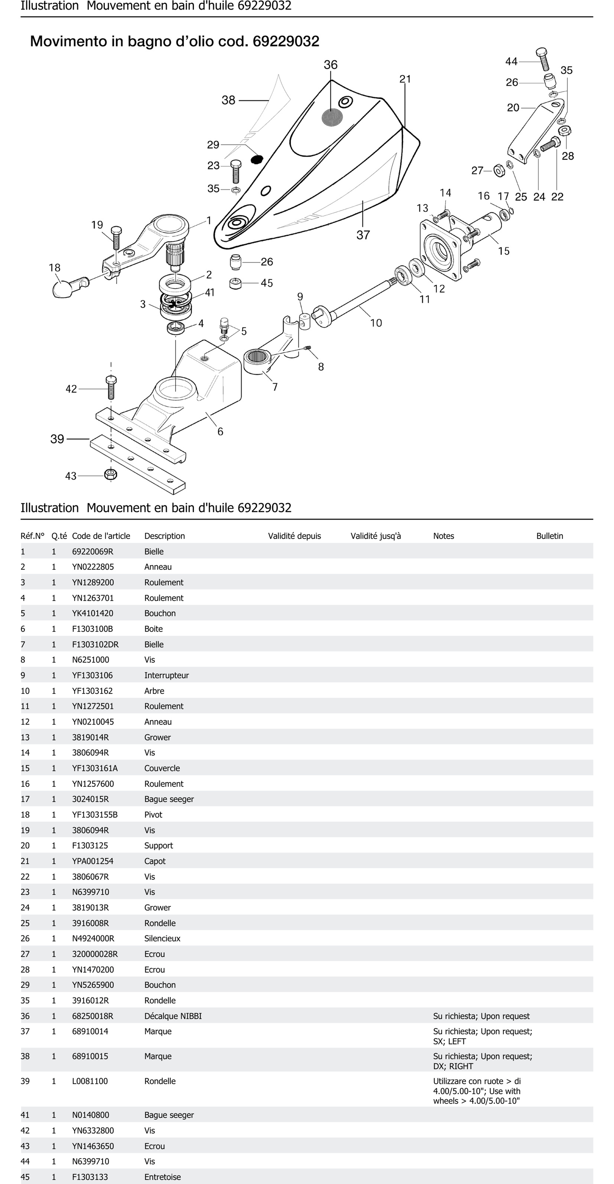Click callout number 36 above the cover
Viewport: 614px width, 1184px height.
point(331,65)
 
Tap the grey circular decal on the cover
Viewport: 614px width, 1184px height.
point(332,117)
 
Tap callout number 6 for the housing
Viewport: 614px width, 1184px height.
point(220,432)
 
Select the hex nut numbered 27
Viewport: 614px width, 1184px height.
point(499,171)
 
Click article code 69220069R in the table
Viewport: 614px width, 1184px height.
point(92,551)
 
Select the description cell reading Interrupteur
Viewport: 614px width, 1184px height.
point(166,675)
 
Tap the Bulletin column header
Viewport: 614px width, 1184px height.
point(549,536)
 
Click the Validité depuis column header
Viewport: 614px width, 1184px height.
point(294,536)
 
